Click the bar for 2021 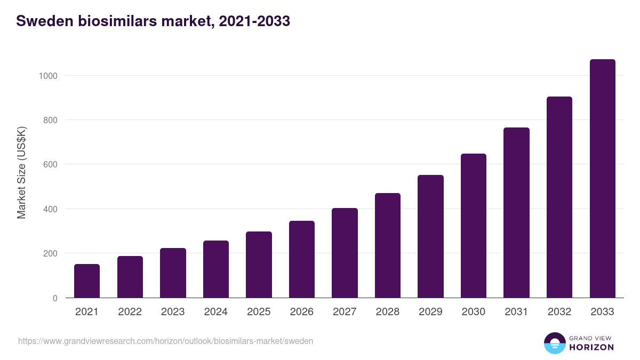pos(87,281)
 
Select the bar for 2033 pos(602,179)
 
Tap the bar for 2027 pos(345,253)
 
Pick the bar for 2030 pos(474,226)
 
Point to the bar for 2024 pos(216,269)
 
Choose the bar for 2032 pos(559,197)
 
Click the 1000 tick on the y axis pos(47,76)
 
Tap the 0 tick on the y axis pos(55,298)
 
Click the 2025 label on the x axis pos(259,312)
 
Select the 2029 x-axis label pos(430,312)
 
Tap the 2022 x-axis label pos(130,312)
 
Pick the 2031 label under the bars pos(516,312)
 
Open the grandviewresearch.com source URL pos(165,341)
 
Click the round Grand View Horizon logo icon pos(554,343)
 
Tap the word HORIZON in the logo pos(591,347)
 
